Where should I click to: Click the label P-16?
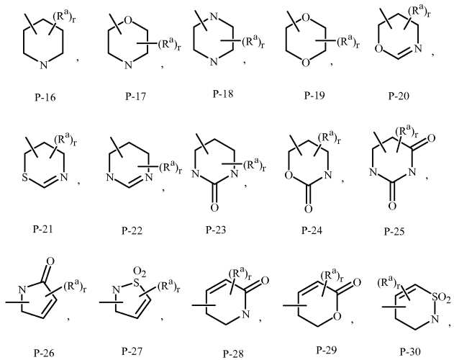coord(45,97)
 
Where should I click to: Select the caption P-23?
coord(216,230)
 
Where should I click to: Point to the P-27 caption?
coord(132,351)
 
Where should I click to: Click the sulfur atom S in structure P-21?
coord(25,177)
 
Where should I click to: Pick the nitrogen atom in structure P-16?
coord(43,65)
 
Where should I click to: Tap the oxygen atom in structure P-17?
coord(128,20)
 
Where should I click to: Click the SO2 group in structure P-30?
coord(440,298)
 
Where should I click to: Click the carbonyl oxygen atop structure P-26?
coord(50,262)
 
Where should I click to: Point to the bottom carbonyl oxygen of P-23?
coord(214,207)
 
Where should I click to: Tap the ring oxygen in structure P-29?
coord(337,316)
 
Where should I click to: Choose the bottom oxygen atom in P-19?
coord(306,62)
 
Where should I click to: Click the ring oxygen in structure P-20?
coord(379,48)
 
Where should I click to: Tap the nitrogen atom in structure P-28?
coord(245,314)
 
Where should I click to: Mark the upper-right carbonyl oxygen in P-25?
coord(431,138)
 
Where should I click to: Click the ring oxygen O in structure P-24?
coord(288,175)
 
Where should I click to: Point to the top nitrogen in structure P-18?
coord(214,17)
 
